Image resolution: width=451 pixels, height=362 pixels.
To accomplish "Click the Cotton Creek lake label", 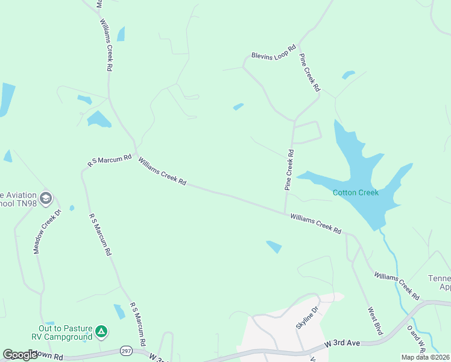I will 355,192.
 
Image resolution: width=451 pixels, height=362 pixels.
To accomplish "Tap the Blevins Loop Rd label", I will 274,53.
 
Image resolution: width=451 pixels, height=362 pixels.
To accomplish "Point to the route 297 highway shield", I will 126,351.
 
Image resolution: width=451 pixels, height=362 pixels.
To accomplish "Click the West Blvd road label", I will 375,321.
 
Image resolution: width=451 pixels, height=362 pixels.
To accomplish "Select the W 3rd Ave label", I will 342,343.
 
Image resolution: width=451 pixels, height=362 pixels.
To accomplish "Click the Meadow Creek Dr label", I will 48,232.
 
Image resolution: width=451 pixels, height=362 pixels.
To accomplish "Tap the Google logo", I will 20,355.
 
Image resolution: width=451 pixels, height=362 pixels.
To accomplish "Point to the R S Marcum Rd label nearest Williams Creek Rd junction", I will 109,160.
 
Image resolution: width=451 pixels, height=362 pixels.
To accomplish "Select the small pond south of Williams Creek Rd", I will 274,246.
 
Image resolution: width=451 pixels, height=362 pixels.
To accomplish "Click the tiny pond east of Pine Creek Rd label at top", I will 348,75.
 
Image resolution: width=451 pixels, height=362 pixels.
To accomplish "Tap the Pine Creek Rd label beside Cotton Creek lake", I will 289,171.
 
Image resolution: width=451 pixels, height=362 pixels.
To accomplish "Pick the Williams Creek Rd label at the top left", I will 107,46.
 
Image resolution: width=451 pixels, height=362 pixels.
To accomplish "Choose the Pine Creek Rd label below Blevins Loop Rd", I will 309,73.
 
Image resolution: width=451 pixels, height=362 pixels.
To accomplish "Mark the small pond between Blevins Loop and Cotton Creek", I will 238,107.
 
